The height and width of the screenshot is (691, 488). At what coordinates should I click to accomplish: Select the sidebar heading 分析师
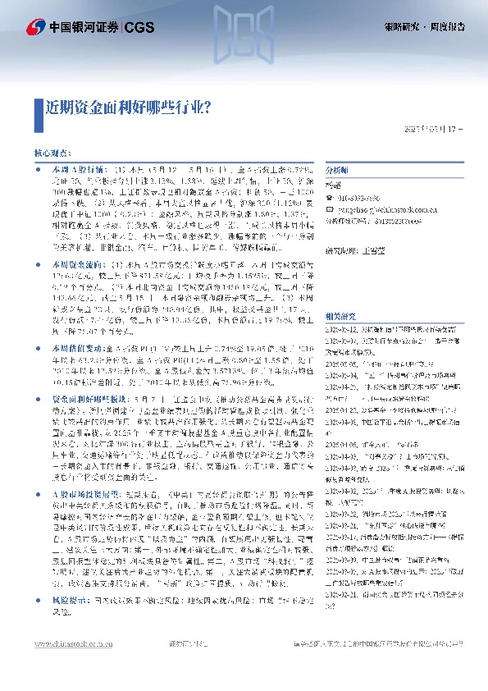(337, 168)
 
